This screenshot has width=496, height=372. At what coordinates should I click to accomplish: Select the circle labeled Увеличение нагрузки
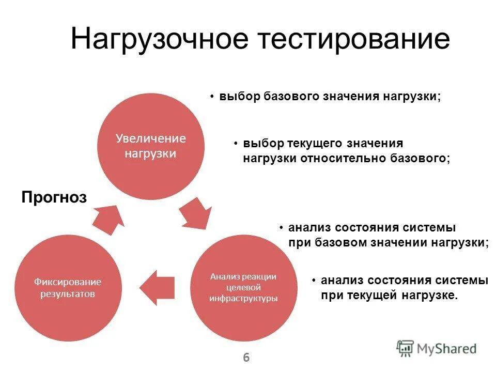(150, 146)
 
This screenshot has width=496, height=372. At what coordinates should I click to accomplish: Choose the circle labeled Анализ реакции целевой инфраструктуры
(243, 287)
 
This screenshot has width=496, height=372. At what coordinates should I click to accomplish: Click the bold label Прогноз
(54, 197)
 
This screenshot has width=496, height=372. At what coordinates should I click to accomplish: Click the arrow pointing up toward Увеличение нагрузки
(109, 216)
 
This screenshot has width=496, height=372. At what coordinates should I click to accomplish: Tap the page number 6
(246, 357)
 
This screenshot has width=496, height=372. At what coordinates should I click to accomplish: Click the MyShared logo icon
(406, 348)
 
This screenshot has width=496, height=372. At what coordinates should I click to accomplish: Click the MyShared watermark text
(446, 349)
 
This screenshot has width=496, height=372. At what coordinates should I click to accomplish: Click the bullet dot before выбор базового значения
(212, 97)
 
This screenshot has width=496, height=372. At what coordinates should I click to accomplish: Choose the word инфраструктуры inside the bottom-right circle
(243, 298)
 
